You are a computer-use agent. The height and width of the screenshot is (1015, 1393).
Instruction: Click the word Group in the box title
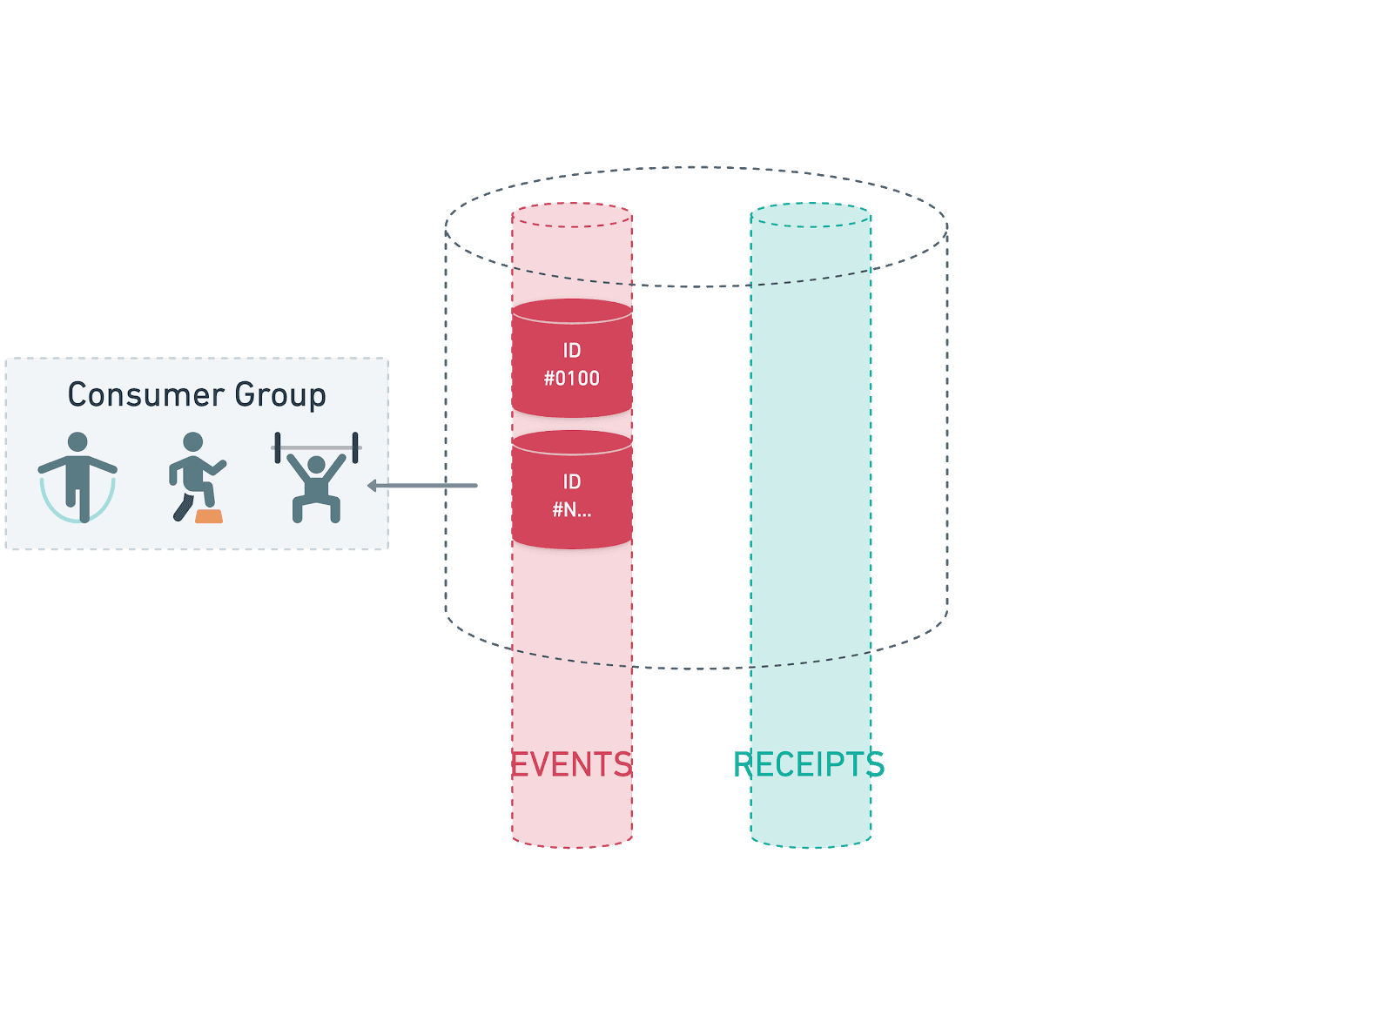(280, 396)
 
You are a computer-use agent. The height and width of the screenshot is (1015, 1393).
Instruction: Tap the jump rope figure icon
(77, 477)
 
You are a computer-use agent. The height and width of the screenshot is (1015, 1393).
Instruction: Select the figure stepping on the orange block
(195, 477)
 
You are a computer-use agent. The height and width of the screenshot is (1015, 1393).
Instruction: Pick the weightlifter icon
(315, 483)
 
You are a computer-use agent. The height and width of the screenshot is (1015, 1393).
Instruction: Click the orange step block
(209, 516)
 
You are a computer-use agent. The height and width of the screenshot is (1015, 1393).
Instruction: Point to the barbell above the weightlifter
(316, 447)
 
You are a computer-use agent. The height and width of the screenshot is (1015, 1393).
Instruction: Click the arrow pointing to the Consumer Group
(423, 485)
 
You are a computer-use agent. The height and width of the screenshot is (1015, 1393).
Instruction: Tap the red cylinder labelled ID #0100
(572, 359)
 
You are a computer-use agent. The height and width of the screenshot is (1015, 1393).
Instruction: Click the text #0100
(572, 379)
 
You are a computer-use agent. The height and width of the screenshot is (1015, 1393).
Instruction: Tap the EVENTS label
(571, 764)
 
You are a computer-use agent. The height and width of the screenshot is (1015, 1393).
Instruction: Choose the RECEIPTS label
(809, 764)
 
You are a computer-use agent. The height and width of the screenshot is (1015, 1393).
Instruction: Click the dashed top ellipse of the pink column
(572, 215)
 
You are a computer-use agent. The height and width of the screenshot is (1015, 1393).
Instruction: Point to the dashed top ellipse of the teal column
(811, 215)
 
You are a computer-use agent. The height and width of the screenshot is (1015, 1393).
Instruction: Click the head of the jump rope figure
(77, 442)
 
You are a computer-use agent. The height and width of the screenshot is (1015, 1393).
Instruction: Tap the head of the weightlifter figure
(316, 465)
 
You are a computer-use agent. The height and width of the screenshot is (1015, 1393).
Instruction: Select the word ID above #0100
(572, 351)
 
